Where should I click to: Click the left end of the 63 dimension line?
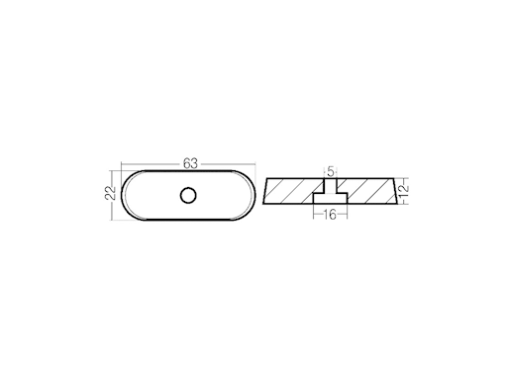pyautogui.click(x=121, y=164)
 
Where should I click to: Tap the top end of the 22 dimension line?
pyautogui.click(x=115, y=173)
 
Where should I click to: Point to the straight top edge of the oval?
pyautogui.click(x=188, y=174)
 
